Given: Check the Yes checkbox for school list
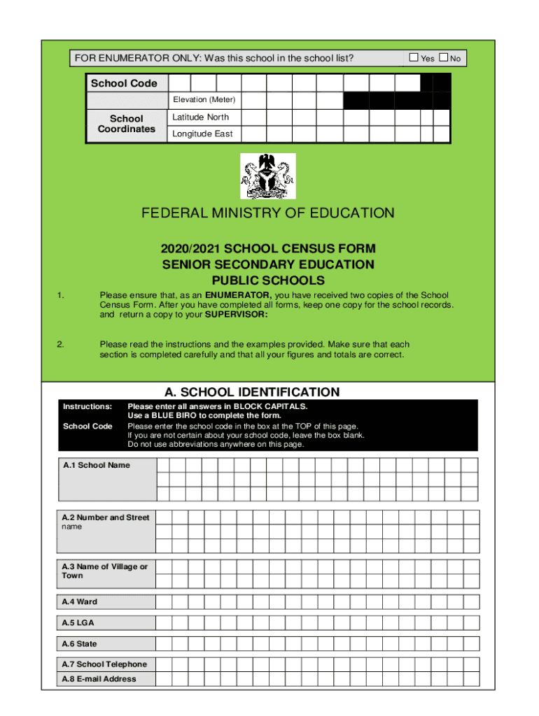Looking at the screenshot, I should point(414,58).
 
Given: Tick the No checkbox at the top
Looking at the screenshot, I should point(444,58).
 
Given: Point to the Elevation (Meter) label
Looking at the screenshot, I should point(204,100).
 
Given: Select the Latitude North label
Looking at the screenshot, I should point(200,117).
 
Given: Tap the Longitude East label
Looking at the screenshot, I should point(202,134).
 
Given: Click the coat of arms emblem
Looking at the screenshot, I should point(268,176).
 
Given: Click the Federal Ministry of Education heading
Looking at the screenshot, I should point(268,213).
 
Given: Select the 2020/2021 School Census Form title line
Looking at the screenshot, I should point(268,249).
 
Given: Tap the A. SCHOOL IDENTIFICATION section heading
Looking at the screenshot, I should point(251,392).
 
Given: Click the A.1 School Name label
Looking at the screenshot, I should point(96,465).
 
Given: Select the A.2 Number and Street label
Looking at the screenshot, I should point(106,517).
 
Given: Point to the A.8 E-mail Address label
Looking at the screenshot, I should point(99,679).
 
